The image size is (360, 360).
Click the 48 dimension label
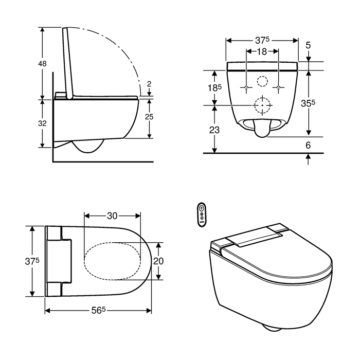(x=42, y=63)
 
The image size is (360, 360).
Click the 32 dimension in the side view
(x=42, y=123)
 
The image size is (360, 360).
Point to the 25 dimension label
(x=149, y=117)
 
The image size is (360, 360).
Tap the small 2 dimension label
(x=149, y=84)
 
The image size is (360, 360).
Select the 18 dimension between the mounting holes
(x=262, y=51)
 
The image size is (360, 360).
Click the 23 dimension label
(x=214, y=130)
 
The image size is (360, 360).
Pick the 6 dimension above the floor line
(x=308, y=146)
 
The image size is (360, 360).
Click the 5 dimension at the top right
(x=308, y=45)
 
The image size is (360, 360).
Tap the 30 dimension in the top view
(x=112, y=216)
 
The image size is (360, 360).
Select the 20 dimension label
(x=158, y=261)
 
